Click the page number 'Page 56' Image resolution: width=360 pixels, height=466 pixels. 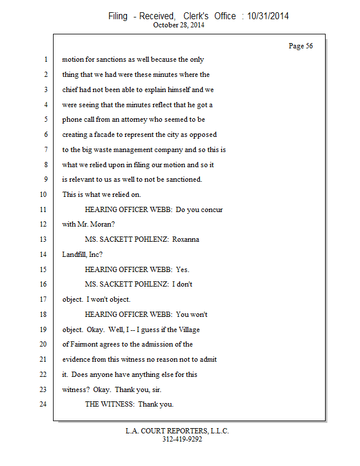(x=301, y=46)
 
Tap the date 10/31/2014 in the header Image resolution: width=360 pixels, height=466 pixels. (x=268, y=16)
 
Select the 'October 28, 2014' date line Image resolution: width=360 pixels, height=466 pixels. (x=179, y=25)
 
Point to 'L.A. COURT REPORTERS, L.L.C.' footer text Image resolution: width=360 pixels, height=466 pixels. (x=177, y=431)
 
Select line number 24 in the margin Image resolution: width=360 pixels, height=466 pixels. (x=43, y=404)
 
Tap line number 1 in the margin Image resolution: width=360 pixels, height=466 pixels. (x=45, y=59)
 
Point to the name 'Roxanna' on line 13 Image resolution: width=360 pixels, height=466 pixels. (x=185, y=239)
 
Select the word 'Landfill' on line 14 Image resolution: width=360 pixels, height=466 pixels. (x=75, y=255)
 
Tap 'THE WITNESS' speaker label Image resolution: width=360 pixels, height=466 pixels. (x=109, y=404)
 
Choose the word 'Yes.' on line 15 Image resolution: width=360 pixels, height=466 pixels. (x=182, y=270)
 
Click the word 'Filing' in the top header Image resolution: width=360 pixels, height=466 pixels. (x=118, y=16)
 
